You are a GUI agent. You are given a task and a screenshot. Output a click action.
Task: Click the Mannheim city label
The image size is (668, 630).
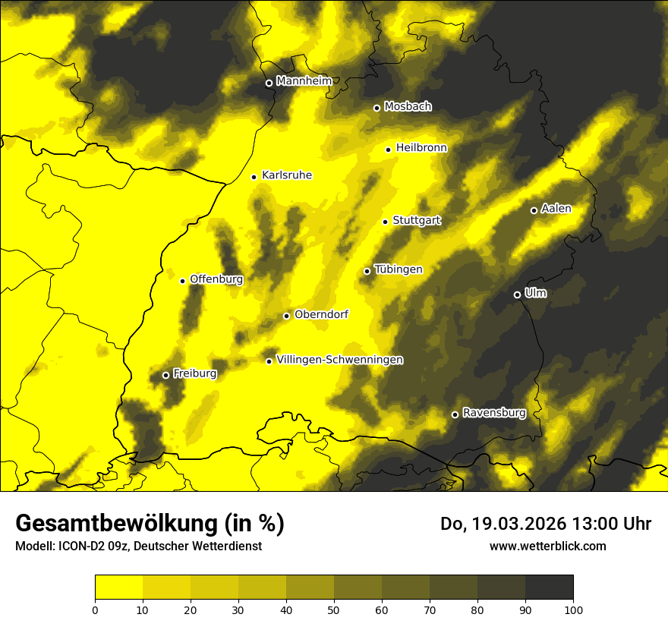point(304,81)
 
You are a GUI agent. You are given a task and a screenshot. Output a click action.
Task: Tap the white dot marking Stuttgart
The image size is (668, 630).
point(385,222)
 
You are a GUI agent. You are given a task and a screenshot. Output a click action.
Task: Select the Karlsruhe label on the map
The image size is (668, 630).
point(286,175)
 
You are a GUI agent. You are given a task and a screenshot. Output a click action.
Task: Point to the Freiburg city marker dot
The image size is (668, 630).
point(165,375)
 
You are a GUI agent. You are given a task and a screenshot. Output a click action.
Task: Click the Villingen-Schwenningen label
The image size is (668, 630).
point(339,360)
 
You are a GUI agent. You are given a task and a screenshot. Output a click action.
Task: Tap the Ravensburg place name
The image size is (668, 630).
point(493,413)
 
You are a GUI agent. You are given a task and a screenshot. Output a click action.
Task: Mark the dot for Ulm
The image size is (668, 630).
point(517,295)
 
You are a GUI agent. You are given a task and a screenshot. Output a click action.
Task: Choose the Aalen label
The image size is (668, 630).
point(556,209)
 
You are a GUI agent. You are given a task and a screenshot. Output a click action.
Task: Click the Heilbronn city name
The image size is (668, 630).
point(421,148)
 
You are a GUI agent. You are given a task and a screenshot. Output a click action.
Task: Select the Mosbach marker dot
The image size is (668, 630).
point(377,108)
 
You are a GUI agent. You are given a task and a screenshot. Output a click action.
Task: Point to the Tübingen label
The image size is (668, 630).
point(399,269)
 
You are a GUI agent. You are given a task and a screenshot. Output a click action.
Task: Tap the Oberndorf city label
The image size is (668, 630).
point(322,314)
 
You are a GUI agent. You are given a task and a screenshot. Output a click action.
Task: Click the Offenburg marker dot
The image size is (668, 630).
point(182,281)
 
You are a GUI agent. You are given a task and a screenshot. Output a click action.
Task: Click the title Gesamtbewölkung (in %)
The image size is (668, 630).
point(150,524)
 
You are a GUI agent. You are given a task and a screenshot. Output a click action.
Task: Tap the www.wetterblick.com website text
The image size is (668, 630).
point(547,546)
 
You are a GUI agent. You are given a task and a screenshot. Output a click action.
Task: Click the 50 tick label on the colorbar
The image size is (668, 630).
point(334,609)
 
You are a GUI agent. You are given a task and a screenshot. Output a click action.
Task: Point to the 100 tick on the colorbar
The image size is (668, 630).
point(573,609)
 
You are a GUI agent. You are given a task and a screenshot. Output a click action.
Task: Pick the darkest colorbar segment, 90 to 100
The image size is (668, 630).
point(549,587)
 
